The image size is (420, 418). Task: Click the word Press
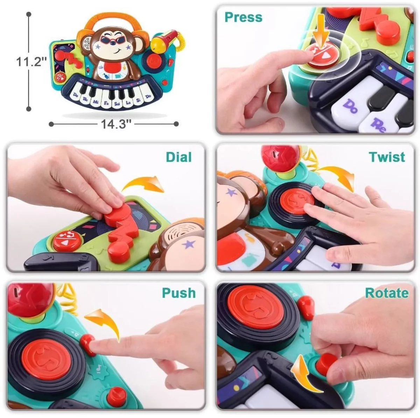tap(243, 17)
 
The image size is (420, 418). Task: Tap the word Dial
tap(178, 157)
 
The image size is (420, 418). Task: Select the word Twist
tap(387, 157)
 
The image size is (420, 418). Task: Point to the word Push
tap(179, 293)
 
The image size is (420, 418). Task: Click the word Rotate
tap(387, 293)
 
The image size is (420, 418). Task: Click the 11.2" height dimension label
tap(32, 62)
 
